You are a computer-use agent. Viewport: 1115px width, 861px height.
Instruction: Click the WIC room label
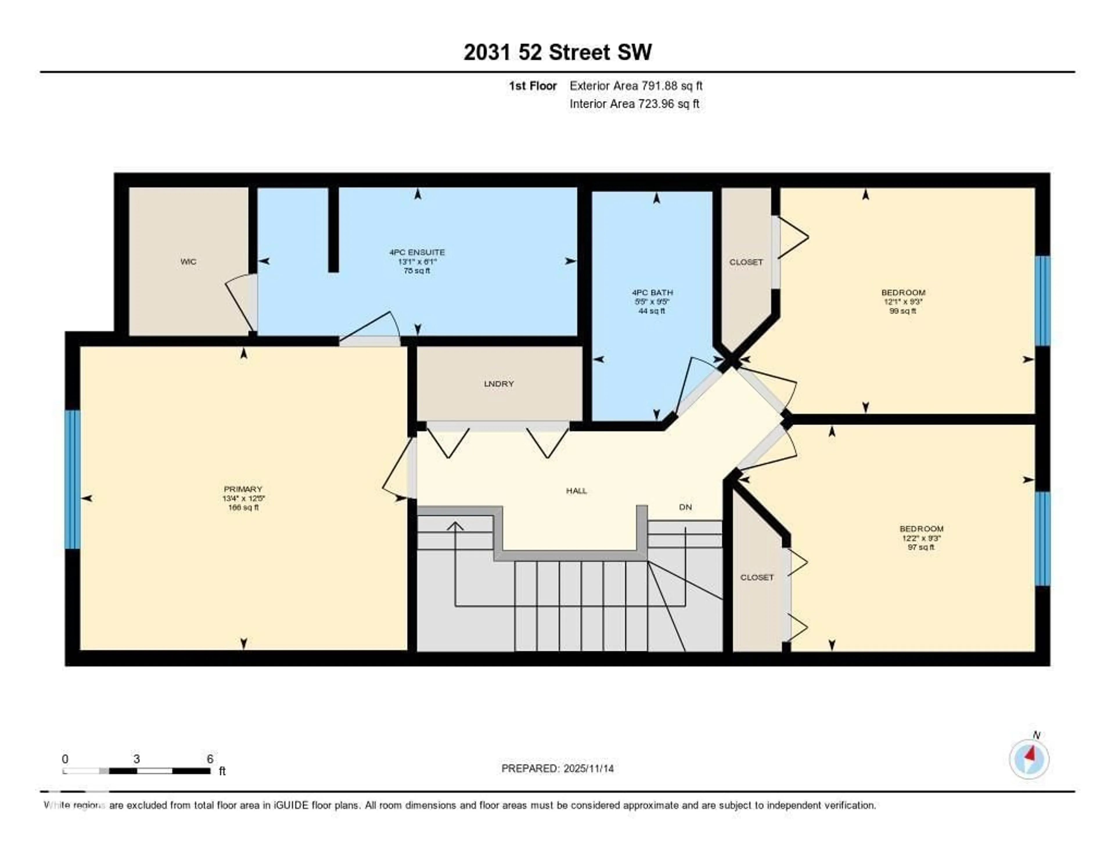click(x=188, y=262)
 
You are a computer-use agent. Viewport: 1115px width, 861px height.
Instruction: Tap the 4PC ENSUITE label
click(x=417, y=252)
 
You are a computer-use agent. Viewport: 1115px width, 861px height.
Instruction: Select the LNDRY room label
click(x=499, y=384)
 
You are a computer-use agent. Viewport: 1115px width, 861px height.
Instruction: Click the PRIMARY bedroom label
click(x=243, y=489)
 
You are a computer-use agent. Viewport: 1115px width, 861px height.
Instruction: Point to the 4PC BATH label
click(x=652, y=292)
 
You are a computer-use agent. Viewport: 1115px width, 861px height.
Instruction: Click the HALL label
click(x=576, y=491)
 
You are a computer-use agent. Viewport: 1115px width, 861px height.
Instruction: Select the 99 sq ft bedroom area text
click(x=903, y=311)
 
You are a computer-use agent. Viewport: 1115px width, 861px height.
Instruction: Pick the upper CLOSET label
click(x=746, y=262)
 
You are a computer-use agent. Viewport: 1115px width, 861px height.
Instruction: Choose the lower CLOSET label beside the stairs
click(x=757, y=577)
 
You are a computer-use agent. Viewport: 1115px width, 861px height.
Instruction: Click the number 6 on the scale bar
click(x=210, y=759)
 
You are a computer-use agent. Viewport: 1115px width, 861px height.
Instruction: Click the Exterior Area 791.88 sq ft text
click(x=636, y=86)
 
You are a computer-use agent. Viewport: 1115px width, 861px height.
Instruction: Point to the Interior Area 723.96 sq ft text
click(x=634, y=104)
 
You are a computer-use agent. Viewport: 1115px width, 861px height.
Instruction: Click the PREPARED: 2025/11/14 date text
click(x=557, y=769)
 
